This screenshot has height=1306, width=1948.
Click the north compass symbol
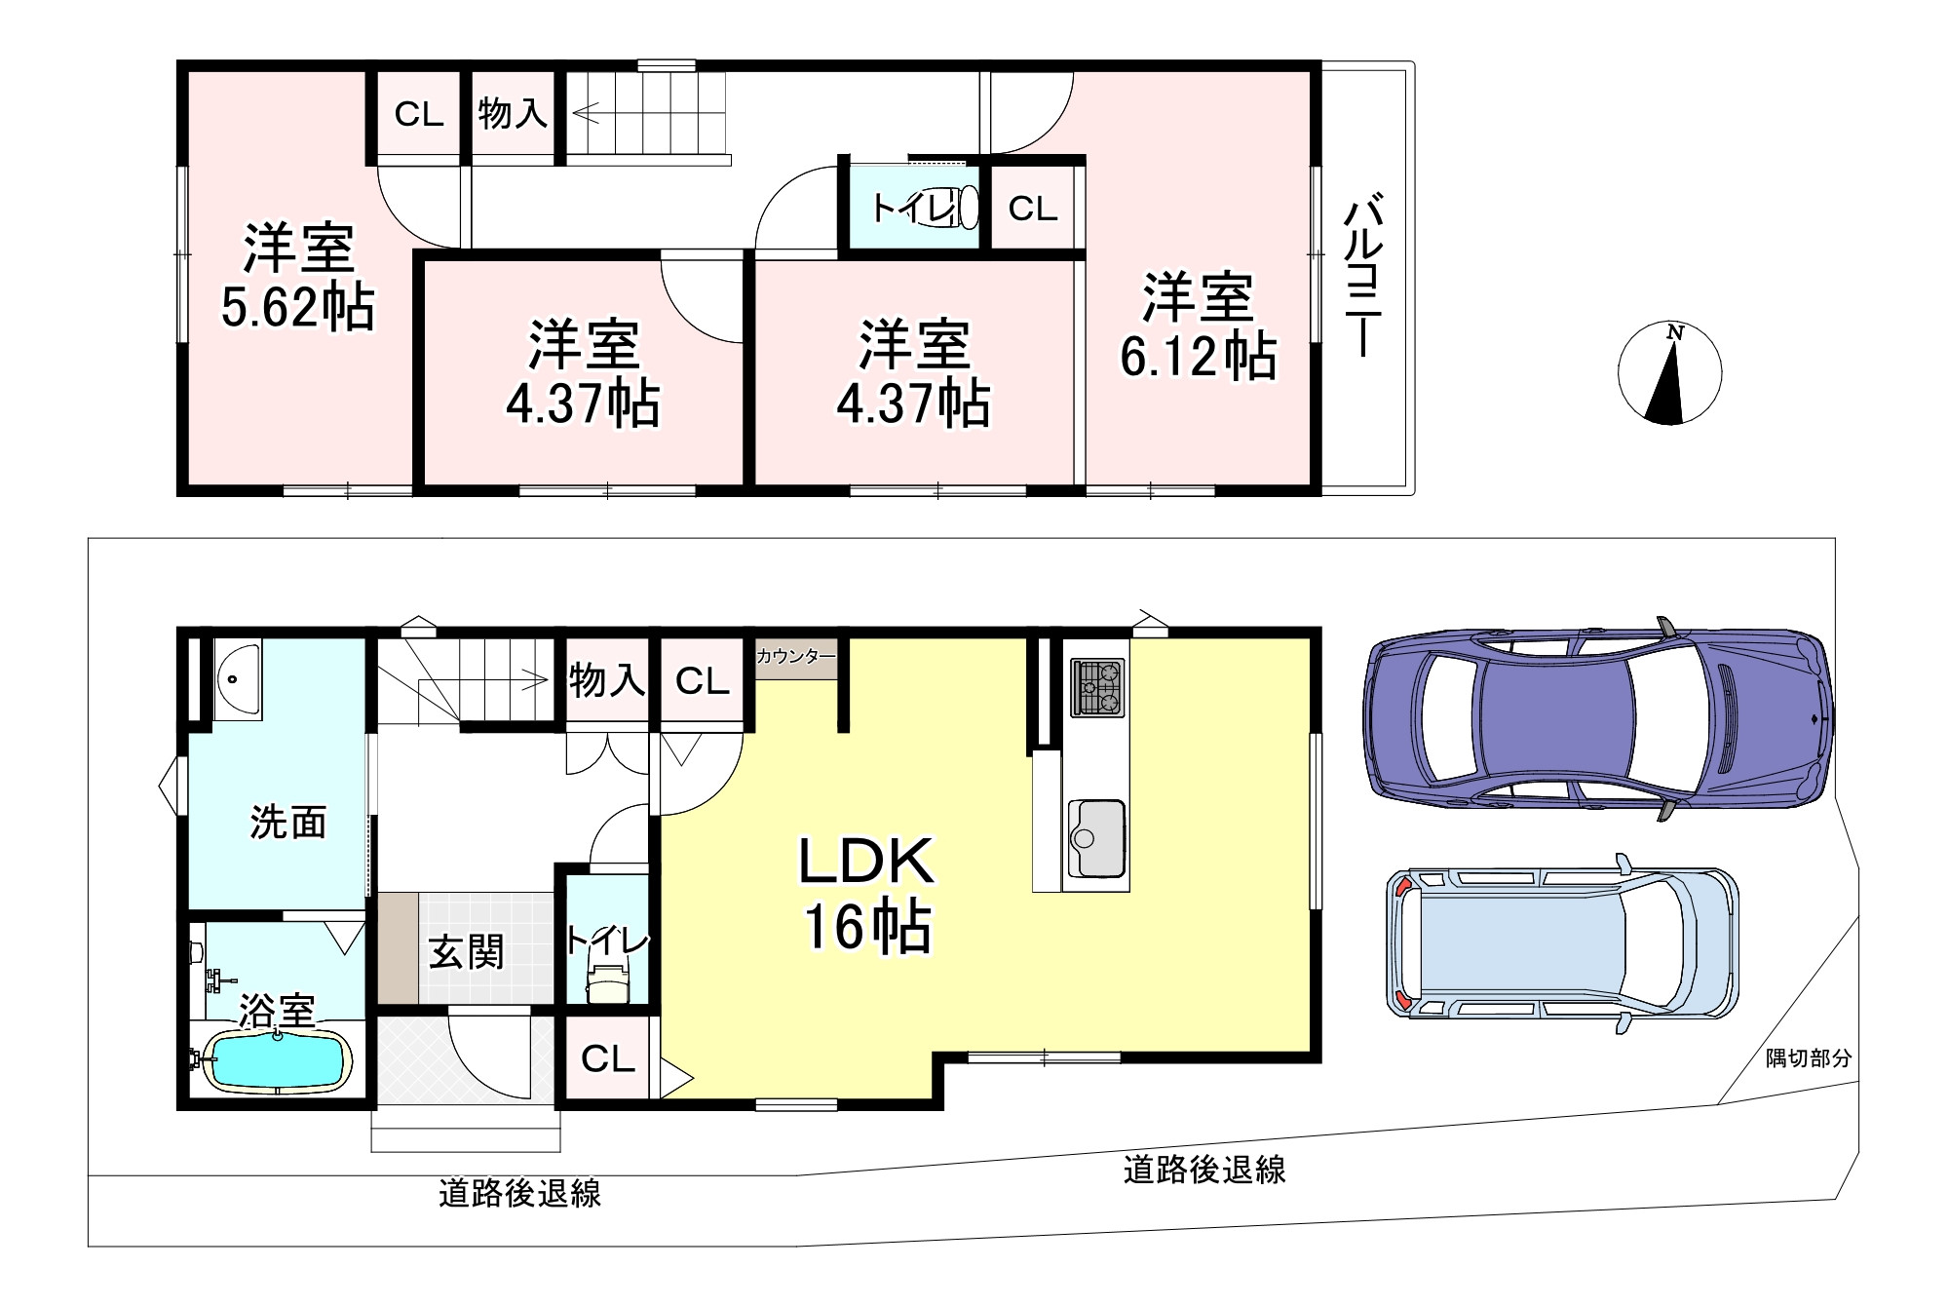click(x=1669, y=374)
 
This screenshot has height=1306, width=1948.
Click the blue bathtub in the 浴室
click(x=277, y=1060)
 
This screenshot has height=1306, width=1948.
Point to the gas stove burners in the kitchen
click(x=1097, y=688)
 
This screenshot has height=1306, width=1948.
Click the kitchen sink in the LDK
click(x=1096, y=839)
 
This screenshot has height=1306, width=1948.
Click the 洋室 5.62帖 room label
click(x=297, y=277)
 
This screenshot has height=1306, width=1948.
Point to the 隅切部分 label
click(x=1809, y=1058)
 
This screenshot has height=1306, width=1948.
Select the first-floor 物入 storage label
click(x=607, y=679)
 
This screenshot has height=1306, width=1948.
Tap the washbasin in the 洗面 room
click(x=237, y=678)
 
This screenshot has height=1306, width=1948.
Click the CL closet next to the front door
click(x=608, y=1058)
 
